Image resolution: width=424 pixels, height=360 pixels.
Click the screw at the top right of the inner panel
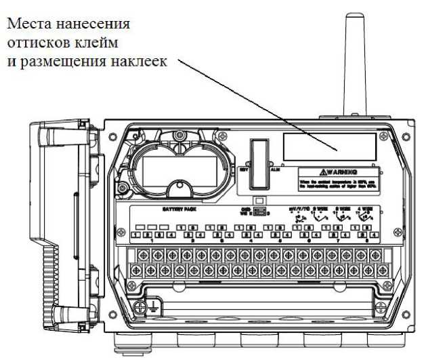(x=385, y=137)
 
